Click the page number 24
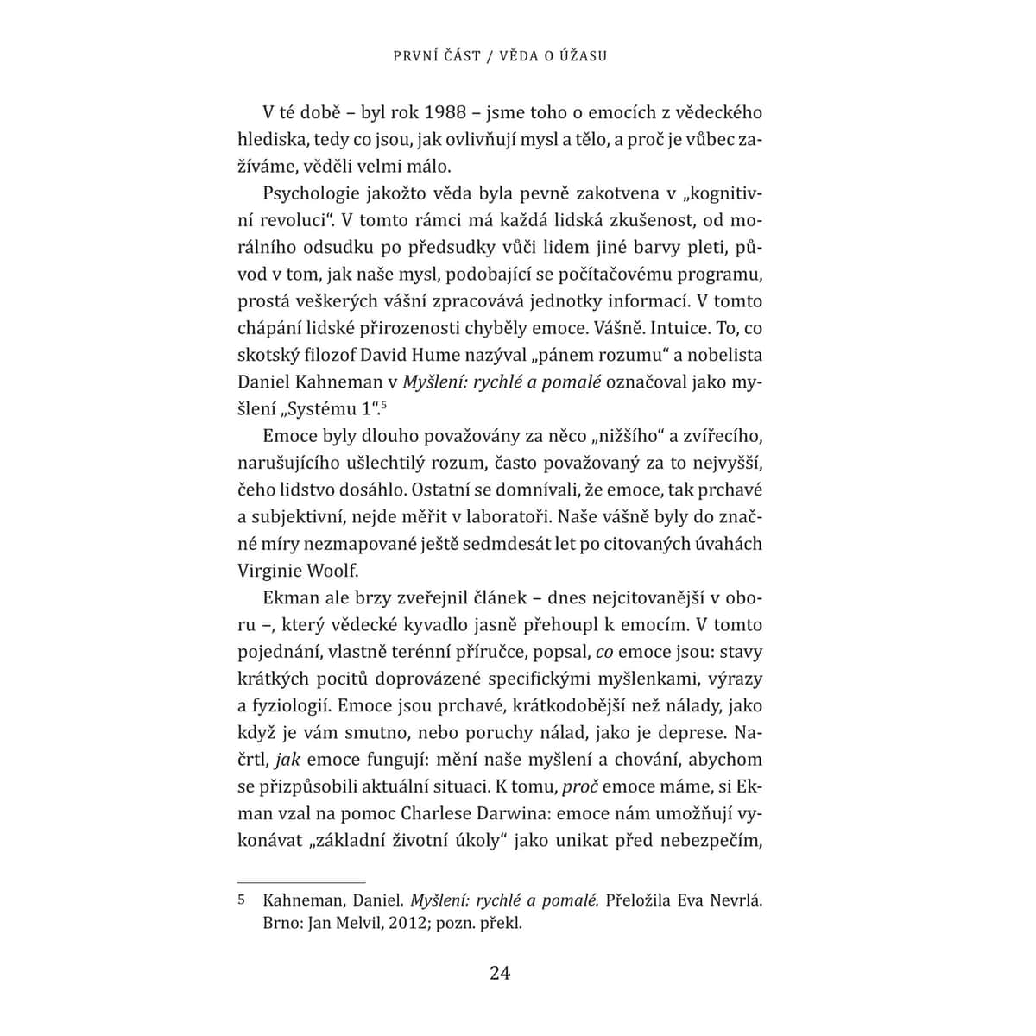coord(500,974)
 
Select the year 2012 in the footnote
coord(411,922)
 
